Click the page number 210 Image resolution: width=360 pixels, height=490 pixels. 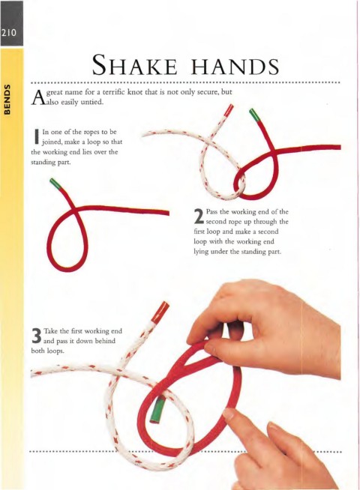[9, 33]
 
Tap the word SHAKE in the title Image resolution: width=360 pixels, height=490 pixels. [135, 64]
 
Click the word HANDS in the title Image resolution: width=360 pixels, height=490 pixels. [235, 66]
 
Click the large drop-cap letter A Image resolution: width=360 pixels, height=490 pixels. [37, 97]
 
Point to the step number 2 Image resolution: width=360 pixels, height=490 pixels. [199, 217]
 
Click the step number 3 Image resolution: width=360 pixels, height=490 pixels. [37, 336]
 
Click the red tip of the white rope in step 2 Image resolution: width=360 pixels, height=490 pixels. [229, 109]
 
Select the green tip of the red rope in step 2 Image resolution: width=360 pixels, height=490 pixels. [254, 115]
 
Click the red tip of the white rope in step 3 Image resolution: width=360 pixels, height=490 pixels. [160, 312]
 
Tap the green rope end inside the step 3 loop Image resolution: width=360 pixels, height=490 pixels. [157, 411]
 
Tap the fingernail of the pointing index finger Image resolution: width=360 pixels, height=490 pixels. [229, 414]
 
